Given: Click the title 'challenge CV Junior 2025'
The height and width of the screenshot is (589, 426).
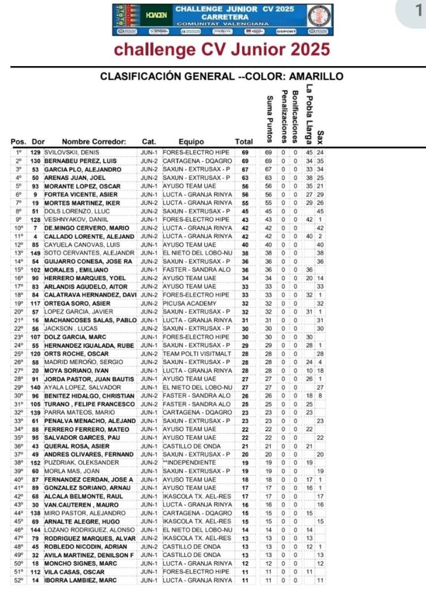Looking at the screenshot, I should coord(222,49).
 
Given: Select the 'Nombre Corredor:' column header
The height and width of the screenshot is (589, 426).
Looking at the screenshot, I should coord(94,141).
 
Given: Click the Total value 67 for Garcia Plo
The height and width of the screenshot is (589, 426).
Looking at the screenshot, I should coord(244,170).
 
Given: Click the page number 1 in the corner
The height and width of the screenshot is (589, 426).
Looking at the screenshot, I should coord(417,10).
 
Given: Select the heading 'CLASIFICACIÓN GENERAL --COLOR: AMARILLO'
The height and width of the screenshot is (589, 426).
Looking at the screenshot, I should coord(221,77).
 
